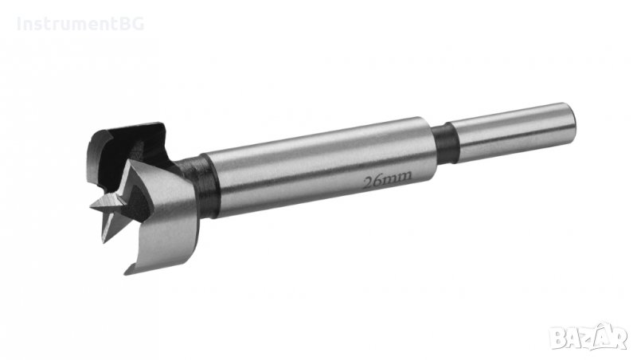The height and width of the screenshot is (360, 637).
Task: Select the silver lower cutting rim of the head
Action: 159,239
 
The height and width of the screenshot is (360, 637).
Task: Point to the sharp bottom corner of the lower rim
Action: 127,271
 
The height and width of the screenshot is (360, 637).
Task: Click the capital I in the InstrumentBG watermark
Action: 19,24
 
